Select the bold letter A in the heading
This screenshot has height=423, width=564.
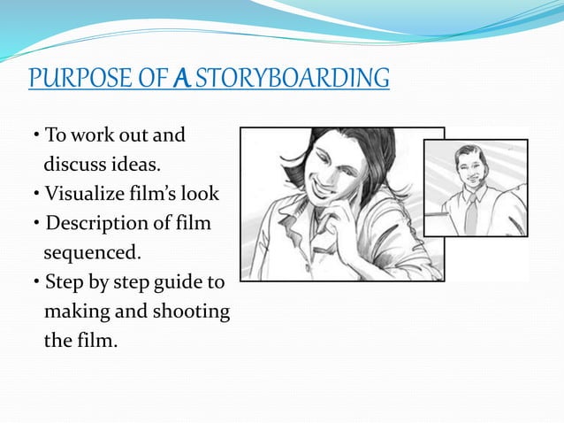(x=179, y=79)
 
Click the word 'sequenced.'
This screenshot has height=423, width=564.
(x=92, y=252)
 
